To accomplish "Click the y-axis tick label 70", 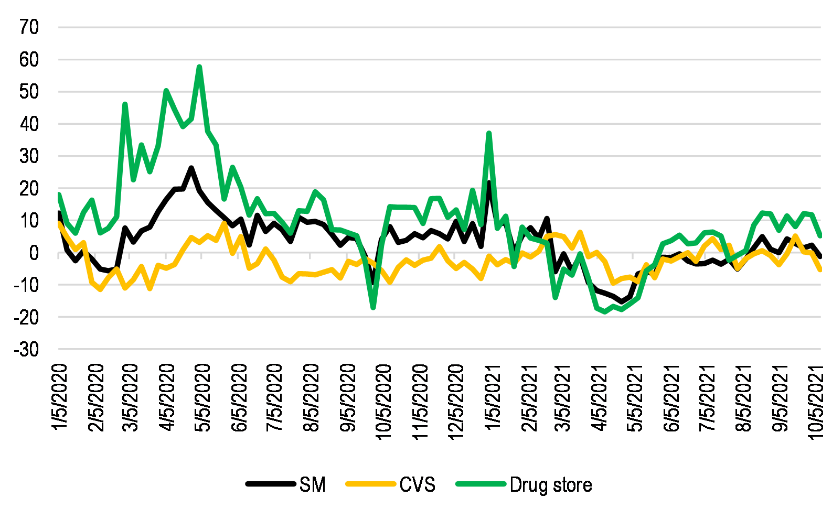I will (x=29, y=27).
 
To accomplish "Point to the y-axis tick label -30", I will (x=26, y=350).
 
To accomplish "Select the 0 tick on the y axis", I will (x=34, y=253).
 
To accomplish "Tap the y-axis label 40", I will (x=29, y=124).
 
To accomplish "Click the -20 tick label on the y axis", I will (x=26, y=317).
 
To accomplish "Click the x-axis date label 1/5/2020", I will (x=60, y=397).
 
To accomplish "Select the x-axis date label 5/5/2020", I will (x=202, y=397).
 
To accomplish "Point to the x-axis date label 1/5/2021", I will (x=492, y=397).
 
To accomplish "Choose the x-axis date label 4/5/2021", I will (x=600, y=397).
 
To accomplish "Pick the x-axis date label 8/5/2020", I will (x=311, y=397).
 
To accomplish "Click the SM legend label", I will (x=313, y=484).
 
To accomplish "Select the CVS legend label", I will (x=417, y=484).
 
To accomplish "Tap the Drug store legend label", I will (x=550, y=484).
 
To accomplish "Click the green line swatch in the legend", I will (x=481, y=484).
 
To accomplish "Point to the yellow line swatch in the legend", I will (x=370, y=484).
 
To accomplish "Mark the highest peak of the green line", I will (x=199, y=67).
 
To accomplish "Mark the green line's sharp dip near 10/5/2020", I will (x=374, y=308).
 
